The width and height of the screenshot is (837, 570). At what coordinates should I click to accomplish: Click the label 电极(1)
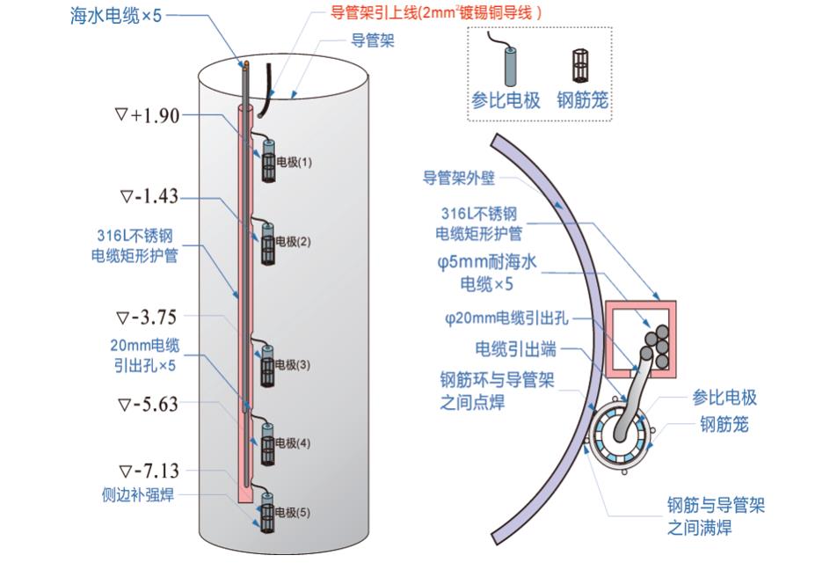pos(294,163)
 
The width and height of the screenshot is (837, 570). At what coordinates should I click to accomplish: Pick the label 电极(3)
pos(294,364)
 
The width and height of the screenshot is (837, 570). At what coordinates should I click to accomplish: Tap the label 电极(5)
pos(294,513)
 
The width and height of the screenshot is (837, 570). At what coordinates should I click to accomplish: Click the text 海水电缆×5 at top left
pos(116,16)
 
